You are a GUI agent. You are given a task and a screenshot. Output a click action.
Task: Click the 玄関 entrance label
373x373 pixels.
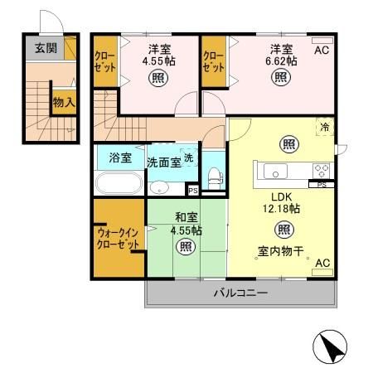46,48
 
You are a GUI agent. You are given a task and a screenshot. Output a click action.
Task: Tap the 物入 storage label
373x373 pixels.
64,103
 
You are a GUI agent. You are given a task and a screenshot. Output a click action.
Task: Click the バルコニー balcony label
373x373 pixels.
240,293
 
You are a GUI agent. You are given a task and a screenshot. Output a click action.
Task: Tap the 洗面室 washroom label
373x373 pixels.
164,162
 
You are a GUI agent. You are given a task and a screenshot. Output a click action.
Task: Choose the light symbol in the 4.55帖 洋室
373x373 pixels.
157,80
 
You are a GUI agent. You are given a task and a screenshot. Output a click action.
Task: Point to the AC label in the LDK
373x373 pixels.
322,264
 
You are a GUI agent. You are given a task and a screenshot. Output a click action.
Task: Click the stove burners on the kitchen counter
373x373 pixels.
320,170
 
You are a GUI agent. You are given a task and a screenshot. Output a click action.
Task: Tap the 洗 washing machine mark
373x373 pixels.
190,158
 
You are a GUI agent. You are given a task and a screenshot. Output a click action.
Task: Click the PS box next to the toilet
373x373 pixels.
193,191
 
